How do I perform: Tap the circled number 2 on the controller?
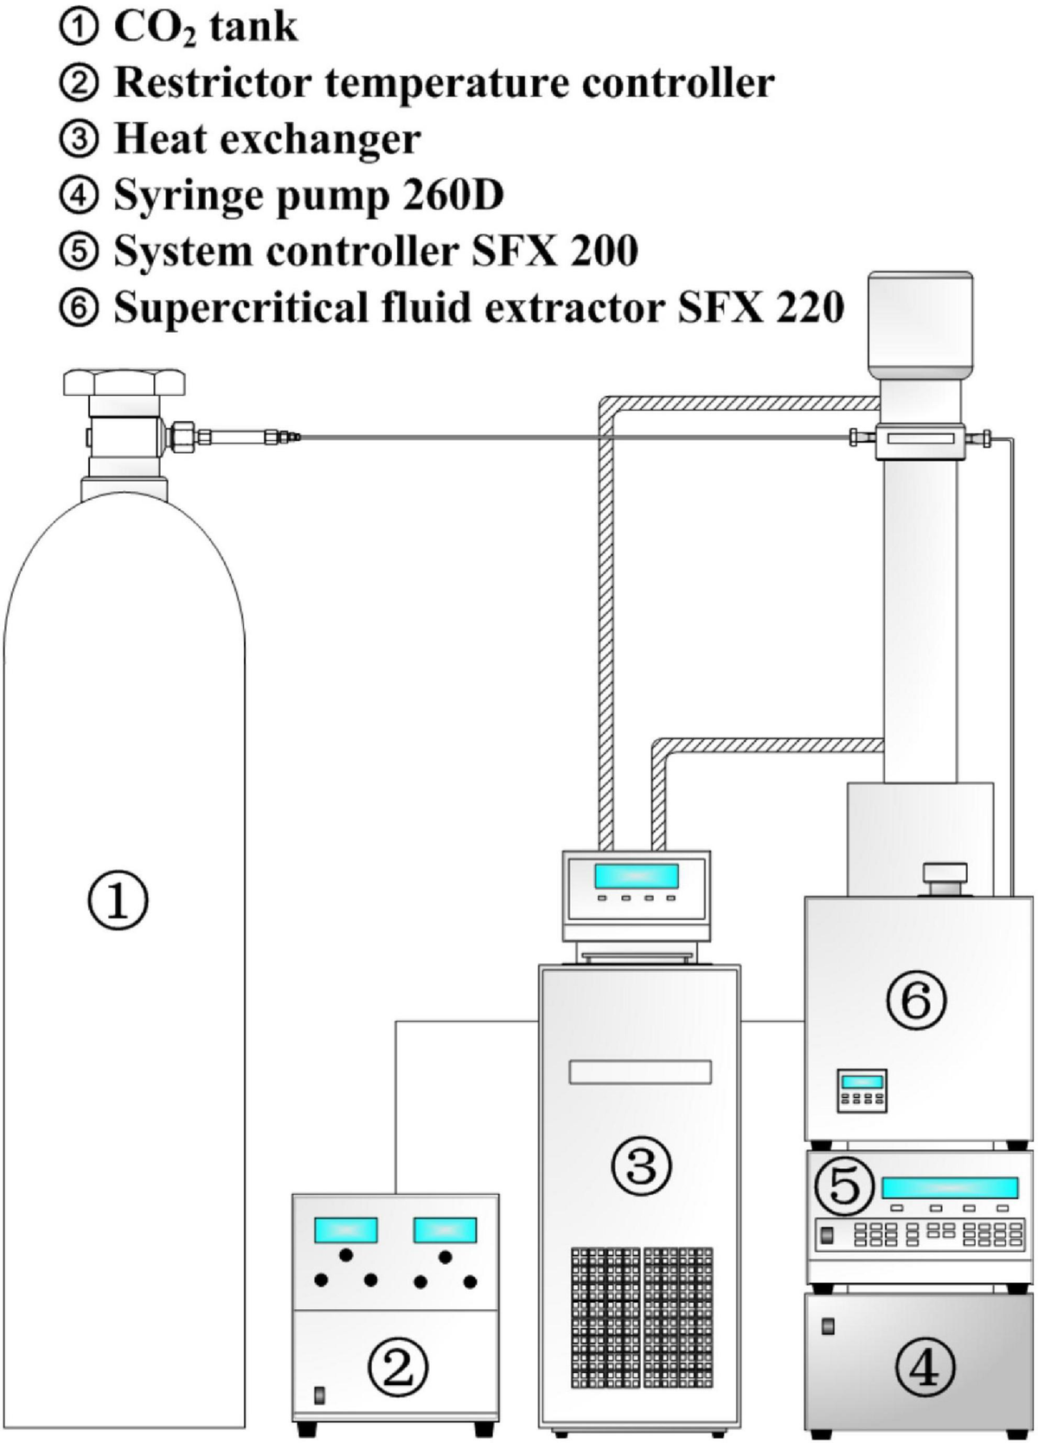397,1367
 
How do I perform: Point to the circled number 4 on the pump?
925,1368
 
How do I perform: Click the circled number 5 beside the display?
844,1186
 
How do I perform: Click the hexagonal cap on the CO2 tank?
125,381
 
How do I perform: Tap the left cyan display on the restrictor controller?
346,1229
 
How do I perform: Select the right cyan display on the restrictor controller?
445,1229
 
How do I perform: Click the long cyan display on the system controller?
950,1188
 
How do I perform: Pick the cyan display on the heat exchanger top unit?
636,876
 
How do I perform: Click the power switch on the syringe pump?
828,1325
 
